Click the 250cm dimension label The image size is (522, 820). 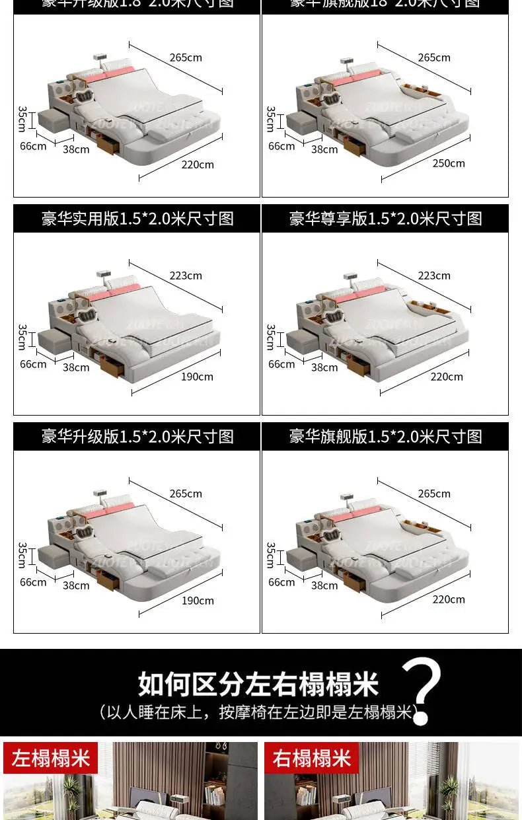coord(449,163)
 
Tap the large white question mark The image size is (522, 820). coord(421,690)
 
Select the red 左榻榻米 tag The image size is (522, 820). coord(50,758)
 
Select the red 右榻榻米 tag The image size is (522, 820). coord(311,758)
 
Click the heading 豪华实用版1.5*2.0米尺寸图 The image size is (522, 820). coord(137,219)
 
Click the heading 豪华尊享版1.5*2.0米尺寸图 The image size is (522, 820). coord(385,219)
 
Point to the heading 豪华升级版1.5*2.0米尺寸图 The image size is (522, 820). coord(137,437)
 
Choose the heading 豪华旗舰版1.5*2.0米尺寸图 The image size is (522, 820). coord(385,437)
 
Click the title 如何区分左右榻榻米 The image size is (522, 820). coord(258,684)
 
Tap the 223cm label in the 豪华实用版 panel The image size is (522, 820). coord(186,276)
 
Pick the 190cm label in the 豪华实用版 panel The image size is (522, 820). coord(197,377)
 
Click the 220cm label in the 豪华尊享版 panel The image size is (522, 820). coord(447,377)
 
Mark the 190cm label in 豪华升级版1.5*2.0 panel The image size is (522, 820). coord(198,601)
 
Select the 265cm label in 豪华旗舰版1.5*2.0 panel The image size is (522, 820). coord(434,494)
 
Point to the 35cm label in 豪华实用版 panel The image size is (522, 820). coord(22,336)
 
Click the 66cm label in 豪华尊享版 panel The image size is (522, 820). coord(281,364)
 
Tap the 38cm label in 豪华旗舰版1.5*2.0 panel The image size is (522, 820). coord(324,585)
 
